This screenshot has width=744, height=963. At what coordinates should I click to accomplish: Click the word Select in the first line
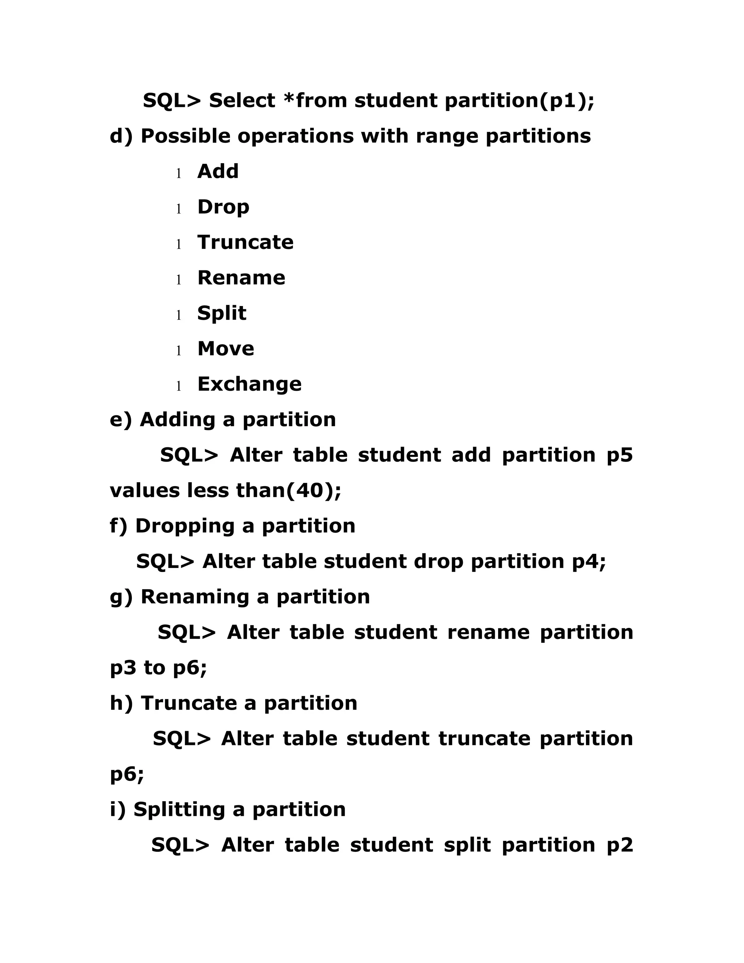click(242, 101)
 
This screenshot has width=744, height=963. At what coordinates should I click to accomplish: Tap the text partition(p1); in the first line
click(519, 101)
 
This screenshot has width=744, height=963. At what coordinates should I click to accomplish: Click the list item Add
click(218, 172)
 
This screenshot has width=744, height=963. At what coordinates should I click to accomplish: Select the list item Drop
click(223, 207)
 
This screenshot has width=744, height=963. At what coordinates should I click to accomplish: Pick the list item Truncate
click(245, 242)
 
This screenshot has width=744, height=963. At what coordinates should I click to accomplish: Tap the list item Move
click(226, 349)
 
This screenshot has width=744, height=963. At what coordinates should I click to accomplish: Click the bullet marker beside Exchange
click(178, 386)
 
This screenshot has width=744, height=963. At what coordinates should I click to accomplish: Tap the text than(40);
click(288, 490)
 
